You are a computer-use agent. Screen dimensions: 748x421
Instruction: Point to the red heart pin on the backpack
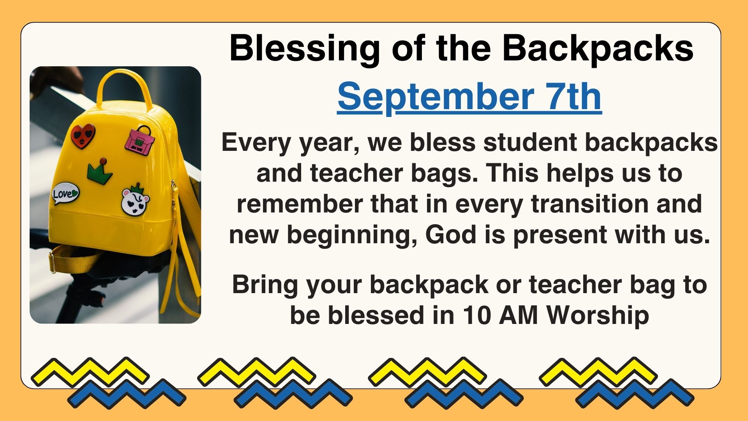83,135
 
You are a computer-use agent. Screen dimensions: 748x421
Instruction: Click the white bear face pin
135,200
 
